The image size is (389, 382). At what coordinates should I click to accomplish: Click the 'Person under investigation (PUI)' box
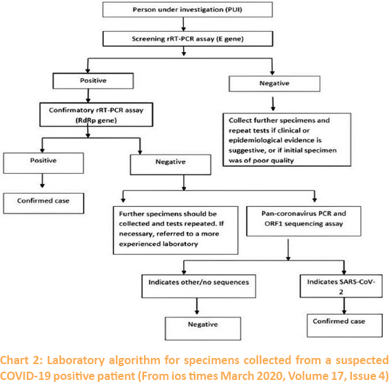click(187, 10)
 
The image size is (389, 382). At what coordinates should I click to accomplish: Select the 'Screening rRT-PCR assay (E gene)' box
click(188, 38)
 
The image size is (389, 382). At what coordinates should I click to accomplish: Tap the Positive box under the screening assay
click(93, 80)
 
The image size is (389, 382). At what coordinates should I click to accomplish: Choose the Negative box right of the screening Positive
click(274, 84)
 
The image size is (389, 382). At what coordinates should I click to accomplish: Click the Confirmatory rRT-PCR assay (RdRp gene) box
click(96, 115)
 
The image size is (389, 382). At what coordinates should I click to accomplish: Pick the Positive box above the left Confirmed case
click(43, 163)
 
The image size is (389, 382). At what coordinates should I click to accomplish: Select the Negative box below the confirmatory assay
click(170, 164)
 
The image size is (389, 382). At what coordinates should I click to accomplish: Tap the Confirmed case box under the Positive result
click(43, 203)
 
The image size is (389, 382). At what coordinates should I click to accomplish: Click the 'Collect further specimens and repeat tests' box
click(287, 139)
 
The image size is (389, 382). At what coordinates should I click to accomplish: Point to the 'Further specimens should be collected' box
click(176, 230)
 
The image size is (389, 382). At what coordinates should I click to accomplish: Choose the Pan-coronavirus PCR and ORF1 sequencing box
click(304, 221)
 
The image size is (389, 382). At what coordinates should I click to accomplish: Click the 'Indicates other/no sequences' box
click(198, 286)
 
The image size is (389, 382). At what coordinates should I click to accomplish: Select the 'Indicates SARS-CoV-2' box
click(341, 286)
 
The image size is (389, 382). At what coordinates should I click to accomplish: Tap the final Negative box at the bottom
click(202, 328)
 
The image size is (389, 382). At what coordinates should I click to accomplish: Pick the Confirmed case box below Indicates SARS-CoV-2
click(344, 326)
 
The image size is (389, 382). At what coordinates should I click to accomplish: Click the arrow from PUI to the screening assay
click(183, 24)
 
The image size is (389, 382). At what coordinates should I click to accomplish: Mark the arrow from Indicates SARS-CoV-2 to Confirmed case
click(344, 306)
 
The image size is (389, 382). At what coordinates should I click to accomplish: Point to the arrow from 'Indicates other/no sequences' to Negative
click(197, 306)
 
